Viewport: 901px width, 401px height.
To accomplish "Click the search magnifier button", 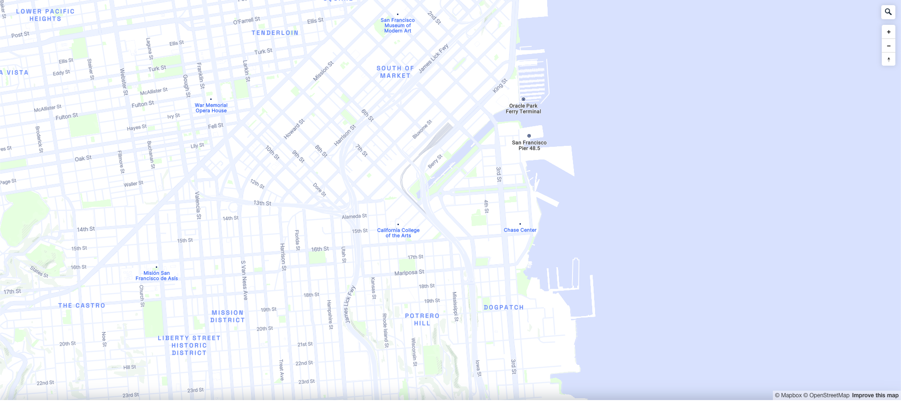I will point(888,12).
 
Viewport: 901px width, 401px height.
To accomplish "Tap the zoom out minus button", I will point(888,46).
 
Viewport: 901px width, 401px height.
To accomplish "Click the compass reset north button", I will point(888,60).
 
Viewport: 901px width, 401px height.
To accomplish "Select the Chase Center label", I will point(520,230).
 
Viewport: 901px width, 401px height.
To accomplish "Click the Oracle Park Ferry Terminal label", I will point(523,109).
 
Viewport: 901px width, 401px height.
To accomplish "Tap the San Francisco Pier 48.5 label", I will point(529,145).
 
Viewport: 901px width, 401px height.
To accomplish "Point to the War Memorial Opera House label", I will point(211,108).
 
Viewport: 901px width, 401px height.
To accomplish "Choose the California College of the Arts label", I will point(398,233).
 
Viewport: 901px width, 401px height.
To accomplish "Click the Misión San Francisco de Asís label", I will point(157,276).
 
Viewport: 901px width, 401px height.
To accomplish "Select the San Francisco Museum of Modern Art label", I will point(397,26).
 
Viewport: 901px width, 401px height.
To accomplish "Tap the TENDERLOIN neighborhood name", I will point(275,33).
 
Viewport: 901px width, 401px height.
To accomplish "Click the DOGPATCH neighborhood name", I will point(504,308).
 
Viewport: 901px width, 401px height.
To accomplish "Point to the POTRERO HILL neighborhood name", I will point(422,320).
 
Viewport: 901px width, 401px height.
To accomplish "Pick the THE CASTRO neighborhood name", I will point(82,306).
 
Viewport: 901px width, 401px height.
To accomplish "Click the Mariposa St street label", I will point(409,273).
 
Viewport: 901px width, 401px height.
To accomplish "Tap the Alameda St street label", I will point(354,217).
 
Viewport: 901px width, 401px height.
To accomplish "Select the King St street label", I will point(500,86).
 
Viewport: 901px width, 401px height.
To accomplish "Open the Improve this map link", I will point(875,395).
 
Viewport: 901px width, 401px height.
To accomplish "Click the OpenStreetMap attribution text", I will point(829,395).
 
